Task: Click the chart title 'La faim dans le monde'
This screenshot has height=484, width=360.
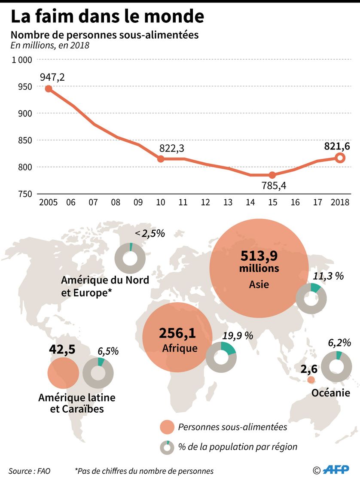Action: click(107, 16)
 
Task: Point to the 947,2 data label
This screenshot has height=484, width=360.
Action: click(52, 77)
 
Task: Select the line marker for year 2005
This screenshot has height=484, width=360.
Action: click(49, 89)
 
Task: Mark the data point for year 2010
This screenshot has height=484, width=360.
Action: click(161, 158)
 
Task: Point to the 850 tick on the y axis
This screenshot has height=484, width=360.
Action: click(25, 140)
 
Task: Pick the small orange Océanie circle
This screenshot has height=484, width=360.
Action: click(311, 380)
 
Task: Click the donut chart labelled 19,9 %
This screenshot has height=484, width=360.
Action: click(221, 356)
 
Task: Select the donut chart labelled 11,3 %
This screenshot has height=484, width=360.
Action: click(311, 298)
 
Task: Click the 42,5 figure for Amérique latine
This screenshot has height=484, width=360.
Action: click(62, 349)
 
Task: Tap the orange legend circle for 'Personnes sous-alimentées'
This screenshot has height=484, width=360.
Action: click(167, 427)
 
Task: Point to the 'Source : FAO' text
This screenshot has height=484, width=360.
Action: click(29, 471)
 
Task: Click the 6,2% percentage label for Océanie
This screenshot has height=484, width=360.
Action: click(339, 343)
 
